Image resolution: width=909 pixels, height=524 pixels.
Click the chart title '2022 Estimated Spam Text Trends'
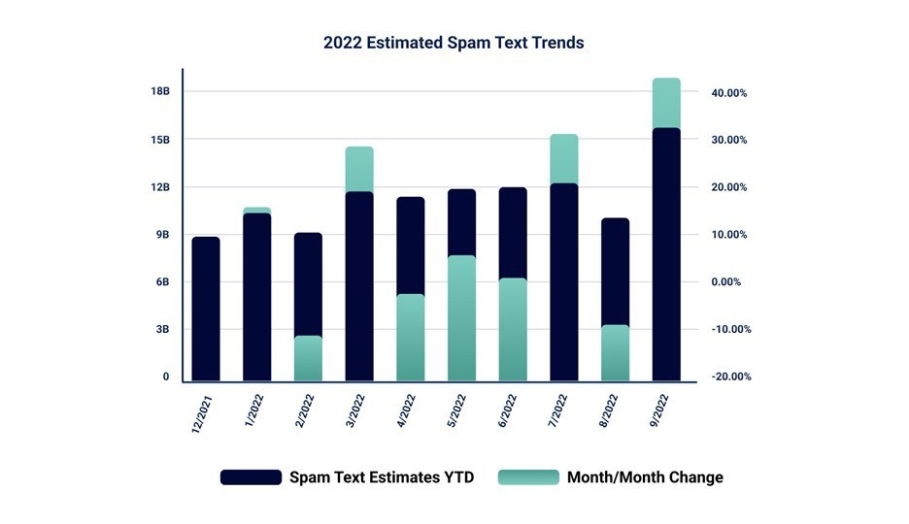[454, 43]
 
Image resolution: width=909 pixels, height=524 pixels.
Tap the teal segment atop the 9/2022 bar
[666, 103]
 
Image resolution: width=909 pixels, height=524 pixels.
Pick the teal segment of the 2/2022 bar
[308, 358]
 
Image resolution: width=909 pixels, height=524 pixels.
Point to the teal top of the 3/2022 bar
[359, 169]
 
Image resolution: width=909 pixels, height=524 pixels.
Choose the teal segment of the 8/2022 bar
[615, 352]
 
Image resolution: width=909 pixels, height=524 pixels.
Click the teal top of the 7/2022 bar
[564, 158]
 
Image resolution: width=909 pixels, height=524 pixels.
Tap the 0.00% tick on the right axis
[726, 282]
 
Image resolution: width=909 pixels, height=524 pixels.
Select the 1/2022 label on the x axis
[254, 410]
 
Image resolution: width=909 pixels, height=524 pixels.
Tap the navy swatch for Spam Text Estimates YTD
[251, 476]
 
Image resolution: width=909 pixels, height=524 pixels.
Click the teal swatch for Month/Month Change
[528, 476]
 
